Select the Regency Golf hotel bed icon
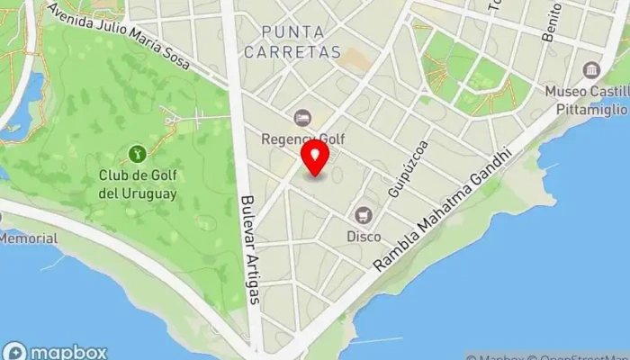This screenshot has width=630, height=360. [x=302, y=117]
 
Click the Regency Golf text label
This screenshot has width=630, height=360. [x=302, y=139]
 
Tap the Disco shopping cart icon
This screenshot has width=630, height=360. [x=364, y=214]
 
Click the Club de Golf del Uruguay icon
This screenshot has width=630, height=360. [x=137, y=154]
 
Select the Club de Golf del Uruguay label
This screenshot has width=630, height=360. [x=138, y=184]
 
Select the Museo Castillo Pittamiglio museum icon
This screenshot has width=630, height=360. [x=591, y=70]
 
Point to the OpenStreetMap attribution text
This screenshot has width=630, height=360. [x=577, y=355]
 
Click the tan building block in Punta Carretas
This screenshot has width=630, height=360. [x=354, y=59]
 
